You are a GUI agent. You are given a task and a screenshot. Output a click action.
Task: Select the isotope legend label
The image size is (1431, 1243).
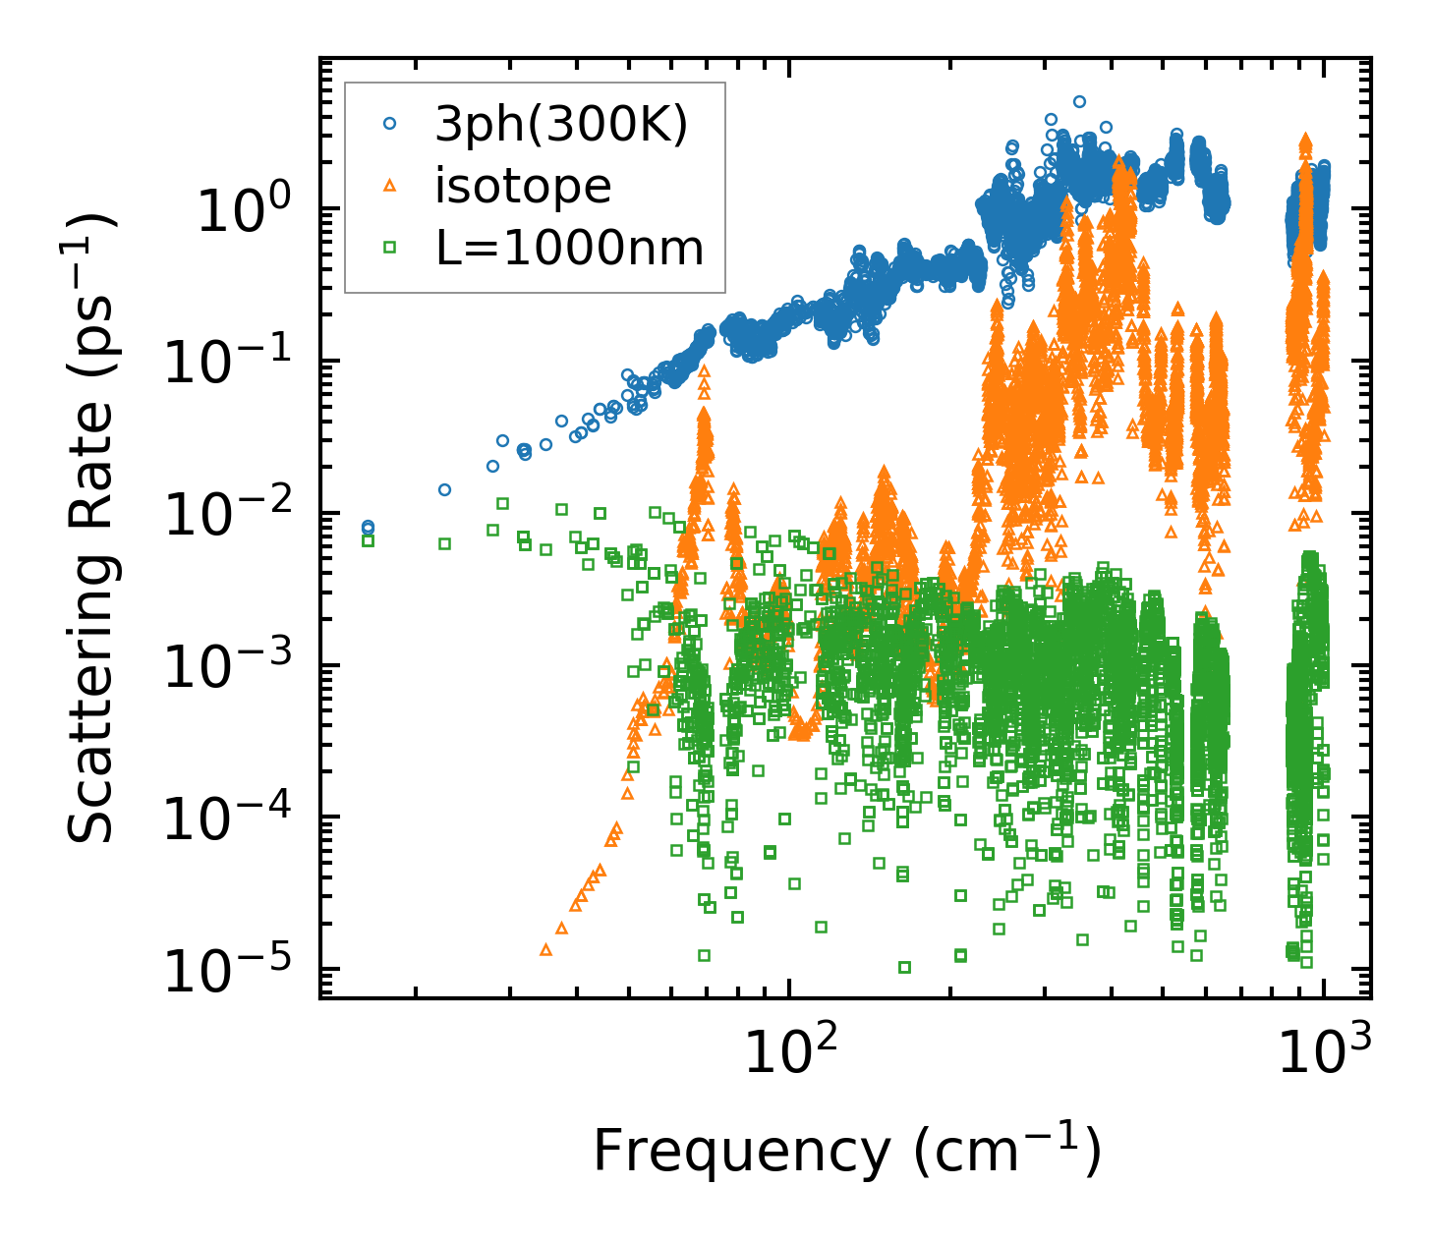pyautogui.click(x=523, y=186)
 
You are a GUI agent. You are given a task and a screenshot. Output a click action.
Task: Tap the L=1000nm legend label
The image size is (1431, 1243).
pyautogui.click(x=570, y=248)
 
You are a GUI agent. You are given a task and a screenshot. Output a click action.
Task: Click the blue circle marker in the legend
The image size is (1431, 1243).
pyautogui.click(x=390, y=124)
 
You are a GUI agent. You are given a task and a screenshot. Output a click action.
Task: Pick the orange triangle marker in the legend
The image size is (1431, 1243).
pyautogui.click(x=390, y=186)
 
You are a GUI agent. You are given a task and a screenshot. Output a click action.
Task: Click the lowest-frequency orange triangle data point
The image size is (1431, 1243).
pyautogui.click(x=545, y=950)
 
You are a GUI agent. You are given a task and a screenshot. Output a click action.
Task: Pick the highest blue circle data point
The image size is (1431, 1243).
pyautogui.click(x=1079, y=101)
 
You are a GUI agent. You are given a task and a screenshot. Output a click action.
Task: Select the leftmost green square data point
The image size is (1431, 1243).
pyautogui.click(x=368, y=540)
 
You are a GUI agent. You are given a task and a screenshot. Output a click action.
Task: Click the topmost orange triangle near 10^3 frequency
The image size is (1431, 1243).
pyautogui.click(x=1305, y=140)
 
